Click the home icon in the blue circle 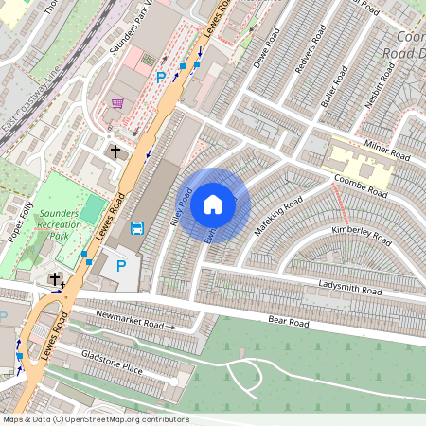[213, 204]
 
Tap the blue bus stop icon [137, 227]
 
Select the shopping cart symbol [117, 103]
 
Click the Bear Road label [289, 323]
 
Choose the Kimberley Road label [361, 233]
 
